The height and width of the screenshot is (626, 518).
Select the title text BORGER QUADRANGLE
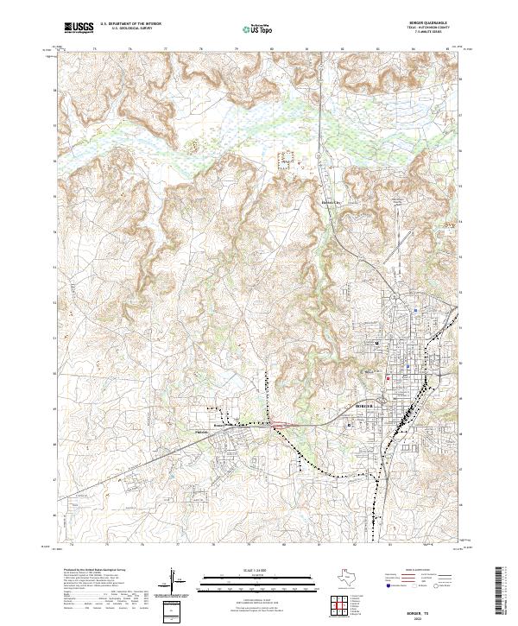pos(429,23)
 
